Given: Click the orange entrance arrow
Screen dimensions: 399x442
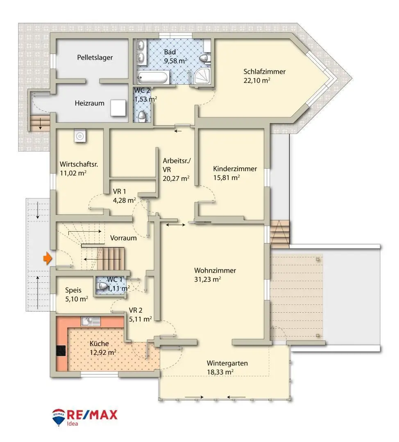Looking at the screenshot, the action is [x=48, y=258].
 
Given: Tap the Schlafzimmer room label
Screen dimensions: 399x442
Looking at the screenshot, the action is [x=264, y=72].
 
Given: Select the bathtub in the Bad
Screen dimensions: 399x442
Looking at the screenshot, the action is [x=153, y=77].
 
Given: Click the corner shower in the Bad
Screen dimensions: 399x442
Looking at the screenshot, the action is [x=202, y=76].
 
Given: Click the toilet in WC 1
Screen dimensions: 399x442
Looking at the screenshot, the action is [x=101, y=286].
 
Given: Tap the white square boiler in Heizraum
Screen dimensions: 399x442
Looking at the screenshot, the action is [x=118, y=108].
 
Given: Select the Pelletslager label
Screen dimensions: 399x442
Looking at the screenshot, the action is [x=95, y=58].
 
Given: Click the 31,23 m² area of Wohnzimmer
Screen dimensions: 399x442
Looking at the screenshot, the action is [x=207, y=280].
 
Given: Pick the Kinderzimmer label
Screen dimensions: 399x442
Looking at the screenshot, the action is [x=235, y=169].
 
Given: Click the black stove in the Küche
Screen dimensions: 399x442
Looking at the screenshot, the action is [x=61, y=351].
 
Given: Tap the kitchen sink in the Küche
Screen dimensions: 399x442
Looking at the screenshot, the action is [x=91, y=321].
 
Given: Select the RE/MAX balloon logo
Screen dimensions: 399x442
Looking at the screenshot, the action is [x=59, y=417].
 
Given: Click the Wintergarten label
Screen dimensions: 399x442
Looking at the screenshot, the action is [x=227, y=363].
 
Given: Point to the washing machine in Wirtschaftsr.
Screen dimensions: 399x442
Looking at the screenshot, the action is [x=80, y=136].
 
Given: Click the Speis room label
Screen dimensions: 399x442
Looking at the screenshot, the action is [x=73, y=290].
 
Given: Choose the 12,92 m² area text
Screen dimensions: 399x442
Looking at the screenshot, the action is [x=103, y=352].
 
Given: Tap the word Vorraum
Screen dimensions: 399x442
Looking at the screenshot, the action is [x=123, y=238].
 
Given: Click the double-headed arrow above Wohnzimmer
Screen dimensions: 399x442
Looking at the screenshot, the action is [x=175, y=225].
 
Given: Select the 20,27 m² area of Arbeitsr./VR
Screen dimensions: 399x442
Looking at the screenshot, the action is [x=176, y=178].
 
